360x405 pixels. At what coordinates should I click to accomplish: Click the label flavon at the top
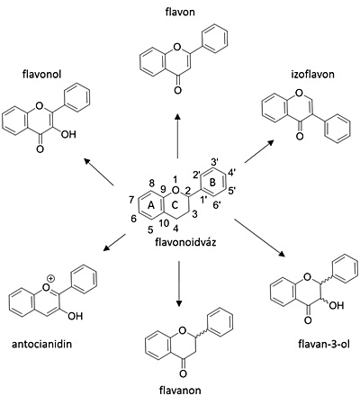click(180, 12)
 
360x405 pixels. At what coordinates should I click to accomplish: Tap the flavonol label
click(41, 74)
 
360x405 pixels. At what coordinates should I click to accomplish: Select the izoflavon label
click(312, 74)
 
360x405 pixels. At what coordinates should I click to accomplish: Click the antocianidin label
click(42, 344)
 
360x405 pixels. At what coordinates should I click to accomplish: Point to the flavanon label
click(180, 391)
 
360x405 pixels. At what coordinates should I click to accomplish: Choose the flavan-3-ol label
click(324, 344)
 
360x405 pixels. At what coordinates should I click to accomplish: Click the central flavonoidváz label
click(185, 242)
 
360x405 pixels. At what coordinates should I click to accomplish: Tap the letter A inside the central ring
click(151, 205)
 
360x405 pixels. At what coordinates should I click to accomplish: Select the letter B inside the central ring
click(212, 183)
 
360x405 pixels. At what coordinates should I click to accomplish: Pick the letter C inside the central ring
click(175, 205)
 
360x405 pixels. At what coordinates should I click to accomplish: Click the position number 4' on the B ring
click(232, 174)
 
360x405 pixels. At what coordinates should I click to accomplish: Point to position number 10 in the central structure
click(164, 222)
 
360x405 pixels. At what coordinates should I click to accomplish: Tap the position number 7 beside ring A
click(131, 200)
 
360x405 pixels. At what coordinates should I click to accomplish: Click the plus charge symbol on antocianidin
click(51, 279)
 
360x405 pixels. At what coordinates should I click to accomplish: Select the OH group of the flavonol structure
click(68, 134)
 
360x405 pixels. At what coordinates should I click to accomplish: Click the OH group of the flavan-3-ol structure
click(336, 306)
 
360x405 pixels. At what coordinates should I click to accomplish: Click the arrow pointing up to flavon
click(178, 136)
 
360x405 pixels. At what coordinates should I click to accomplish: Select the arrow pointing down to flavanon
click(179, 283)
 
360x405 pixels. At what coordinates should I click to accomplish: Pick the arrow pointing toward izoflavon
click(259, 151)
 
